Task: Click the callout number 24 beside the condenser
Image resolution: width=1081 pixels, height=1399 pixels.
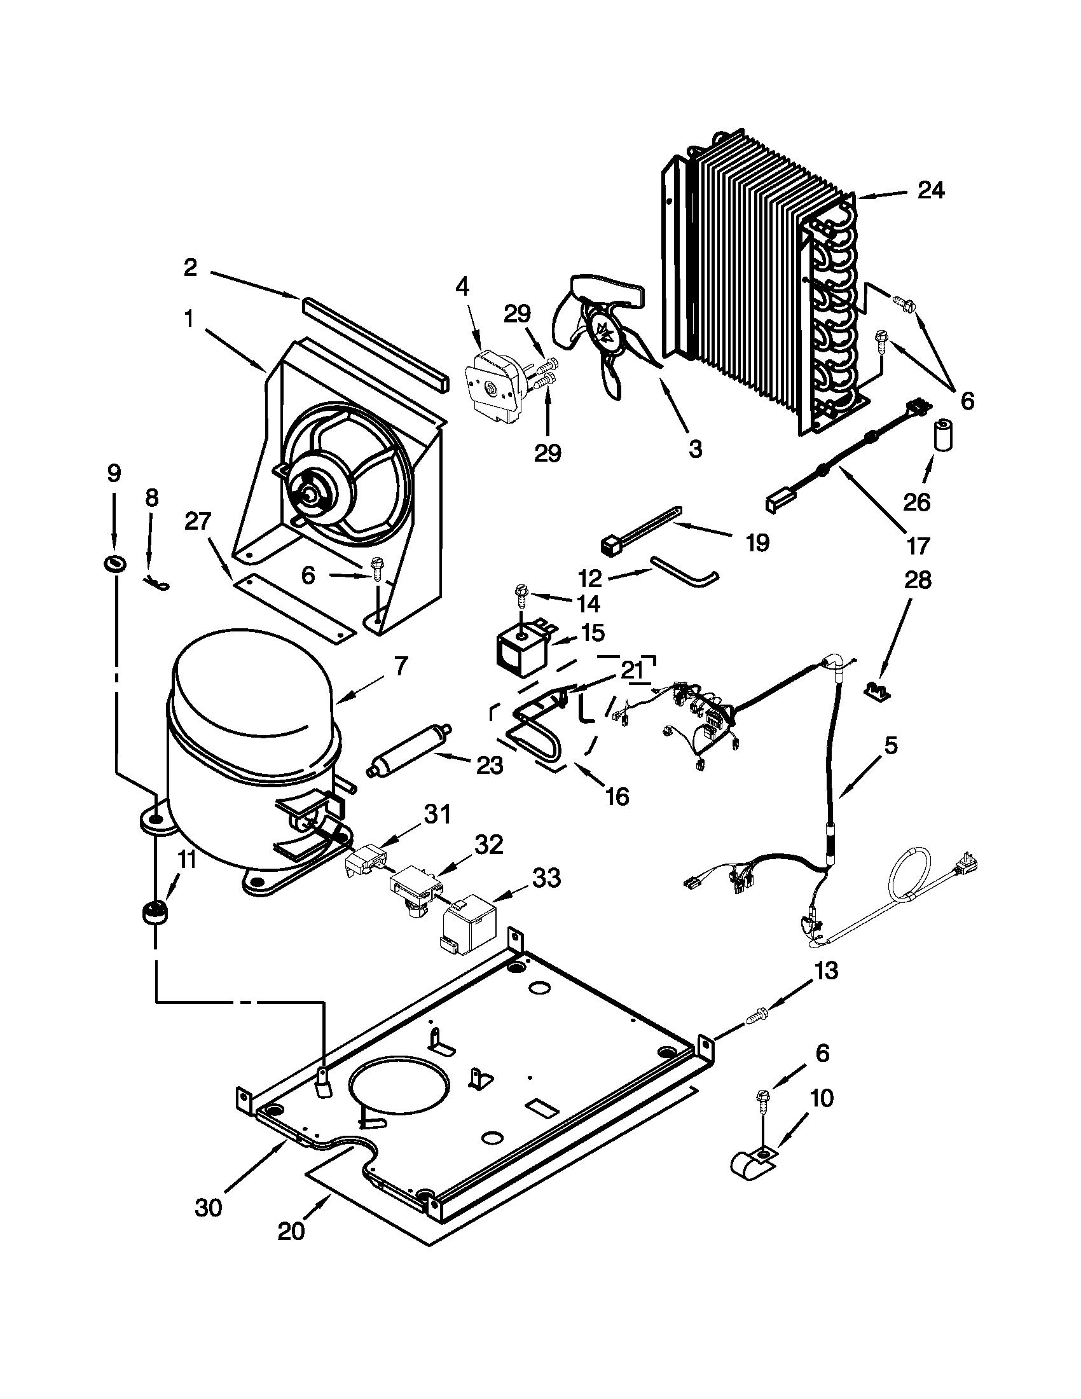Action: (x=930, y=190)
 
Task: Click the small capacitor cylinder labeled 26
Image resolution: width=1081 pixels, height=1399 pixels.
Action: (x=941, y=436)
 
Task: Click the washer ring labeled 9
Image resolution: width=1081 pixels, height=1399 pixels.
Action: (x=115, y=563)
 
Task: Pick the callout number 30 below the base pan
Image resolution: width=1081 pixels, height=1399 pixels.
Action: (x=208, y=1207)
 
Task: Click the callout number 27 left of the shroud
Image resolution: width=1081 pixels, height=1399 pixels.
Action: (x=197, y=521)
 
